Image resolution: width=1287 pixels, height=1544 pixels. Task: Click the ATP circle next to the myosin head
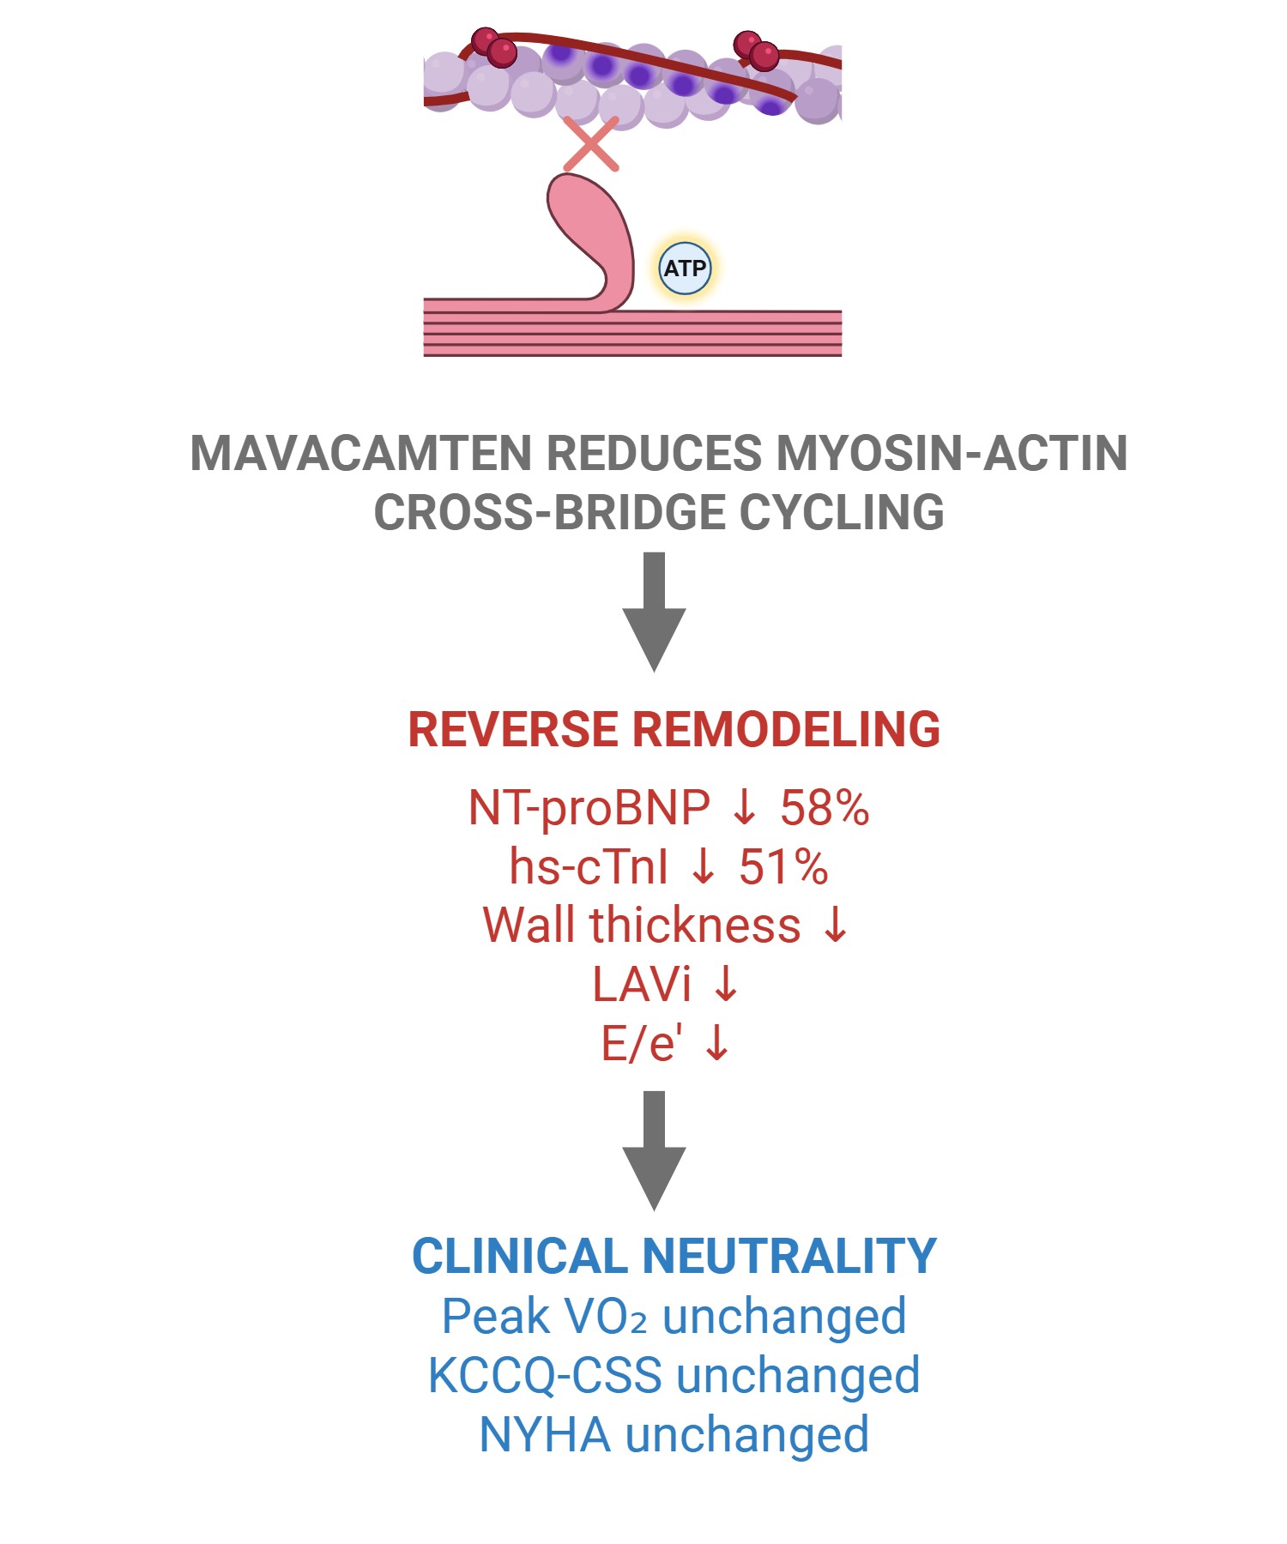(685, 268)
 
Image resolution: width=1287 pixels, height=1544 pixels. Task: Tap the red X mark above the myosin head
(591, 144)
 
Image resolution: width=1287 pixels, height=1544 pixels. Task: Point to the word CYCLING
(842, 513)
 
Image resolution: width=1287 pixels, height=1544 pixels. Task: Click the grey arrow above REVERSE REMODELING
(654, 611)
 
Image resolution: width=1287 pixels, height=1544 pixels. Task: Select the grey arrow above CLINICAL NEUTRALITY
(654, 1149)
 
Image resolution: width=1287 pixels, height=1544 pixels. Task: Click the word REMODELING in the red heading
(786, 730)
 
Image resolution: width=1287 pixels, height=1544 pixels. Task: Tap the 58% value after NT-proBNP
(825, 808)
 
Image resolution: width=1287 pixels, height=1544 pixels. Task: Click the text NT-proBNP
(589, 808)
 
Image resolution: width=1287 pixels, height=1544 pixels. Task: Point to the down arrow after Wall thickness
(835, 926)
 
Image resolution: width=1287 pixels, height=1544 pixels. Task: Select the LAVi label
(641, 984)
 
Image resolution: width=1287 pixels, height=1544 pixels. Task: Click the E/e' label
(641, 1044)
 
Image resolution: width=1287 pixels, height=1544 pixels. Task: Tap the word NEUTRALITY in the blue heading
(789, 1257)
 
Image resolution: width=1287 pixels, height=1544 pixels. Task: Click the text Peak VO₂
(544, 1317)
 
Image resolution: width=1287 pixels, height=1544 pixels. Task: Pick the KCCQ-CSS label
(545, 1376)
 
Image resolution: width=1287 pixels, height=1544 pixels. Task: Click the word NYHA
(545, 1435)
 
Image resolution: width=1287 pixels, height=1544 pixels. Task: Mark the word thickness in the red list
(695, 926)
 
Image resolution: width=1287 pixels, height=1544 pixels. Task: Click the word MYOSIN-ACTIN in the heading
(952, 454)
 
